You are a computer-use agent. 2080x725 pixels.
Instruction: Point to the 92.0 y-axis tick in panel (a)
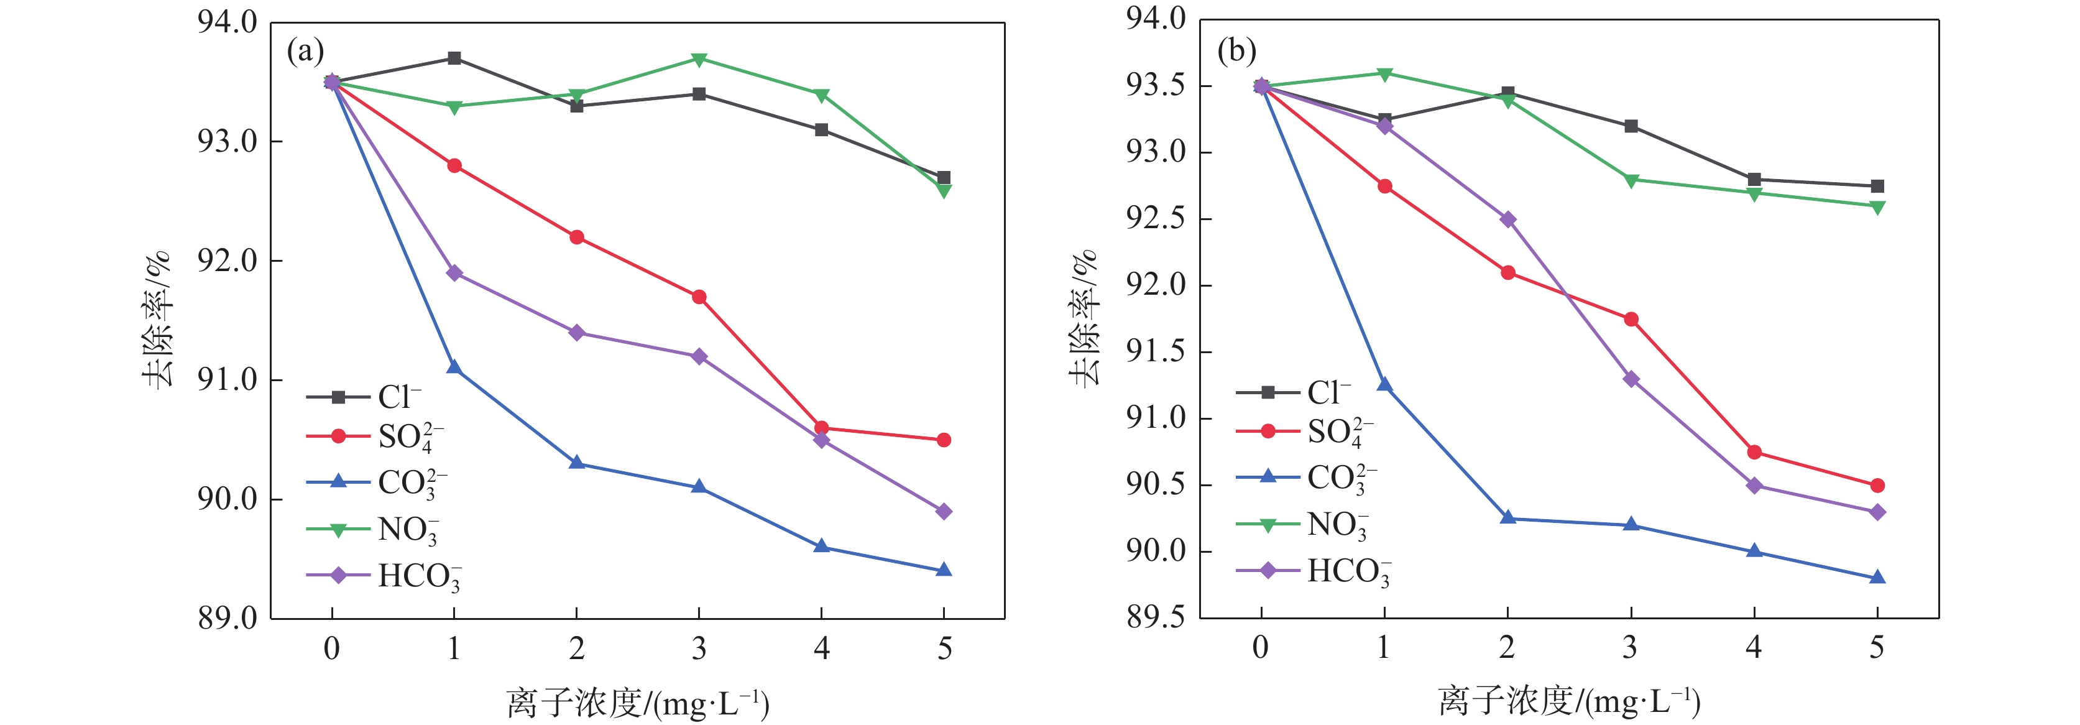pos(228,261)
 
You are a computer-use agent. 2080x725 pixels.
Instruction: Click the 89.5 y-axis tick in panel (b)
pos(1156,617)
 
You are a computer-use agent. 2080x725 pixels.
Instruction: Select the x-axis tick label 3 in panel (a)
pos(699,649)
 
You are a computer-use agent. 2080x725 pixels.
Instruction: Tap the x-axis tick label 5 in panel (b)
pos(1877,647)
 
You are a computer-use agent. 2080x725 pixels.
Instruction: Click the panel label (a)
pos(305,52)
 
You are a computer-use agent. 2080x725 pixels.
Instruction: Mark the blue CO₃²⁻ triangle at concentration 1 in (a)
pos(454,368)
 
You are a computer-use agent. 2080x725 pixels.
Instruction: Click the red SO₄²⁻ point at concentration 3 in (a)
pos(699,297)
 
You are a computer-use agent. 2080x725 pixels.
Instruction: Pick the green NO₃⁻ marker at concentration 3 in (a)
pos(699,60)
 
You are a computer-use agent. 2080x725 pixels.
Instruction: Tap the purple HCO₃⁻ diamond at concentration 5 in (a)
pos(944,511)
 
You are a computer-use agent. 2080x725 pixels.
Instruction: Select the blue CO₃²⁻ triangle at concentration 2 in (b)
pos(1507,519)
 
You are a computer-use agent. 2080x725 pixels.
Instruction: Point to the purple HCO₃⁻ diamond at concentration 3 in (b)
pos(1631,379)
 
